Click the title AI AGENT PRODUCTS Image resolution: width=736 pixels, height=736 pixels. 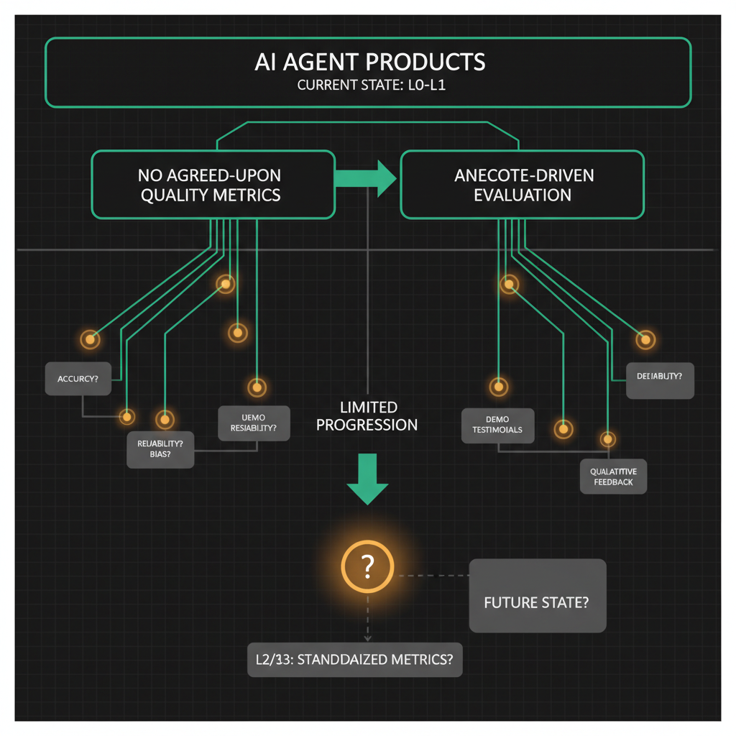point(369,62)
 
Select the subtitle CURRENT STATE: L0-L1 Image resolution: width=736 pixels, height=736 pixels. point(369,86)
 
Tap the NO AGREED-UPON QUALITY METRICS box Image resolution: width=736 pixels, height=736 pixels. point(213,185)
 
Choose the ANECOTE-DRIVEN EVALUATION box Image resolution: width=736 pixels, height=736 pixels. point(523,185)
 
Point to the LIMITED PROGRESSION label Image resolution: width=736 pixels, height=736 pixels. point(367,416)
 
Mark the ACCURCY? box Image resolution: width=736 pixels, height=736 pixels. point(78,378)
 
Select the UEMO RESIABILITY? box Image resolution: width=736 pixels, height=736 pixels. point(254,423)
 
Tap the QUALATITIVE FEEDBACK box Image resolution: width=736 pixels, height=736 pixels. point(613,477)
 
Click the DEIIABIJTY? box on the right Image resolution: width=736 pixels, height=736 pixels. point(660,379)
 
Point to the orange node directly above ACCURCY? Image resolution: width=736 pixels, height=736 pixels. point(90,339)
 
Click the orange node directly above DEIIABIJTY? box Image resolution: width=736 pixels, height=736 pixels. point(646,339)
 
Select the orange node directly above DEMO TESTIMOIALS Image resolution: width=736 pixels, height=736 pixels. point(498,387)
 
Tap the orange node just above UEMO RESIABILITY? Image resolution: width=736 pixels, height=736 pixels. point(254,387)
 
